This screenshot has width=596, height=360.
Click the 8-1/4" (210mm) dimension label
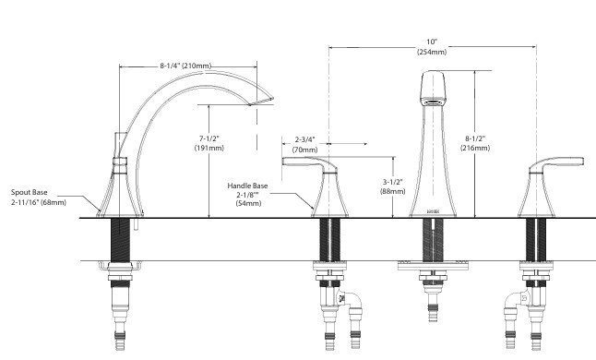tap(185, 66)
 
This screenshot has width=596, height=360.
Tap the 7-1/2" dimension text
tap(209, 138)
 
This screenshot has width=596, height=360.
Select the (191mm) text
tap(209, 148)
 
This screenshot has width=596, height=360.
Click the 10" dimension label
tap(432, 42)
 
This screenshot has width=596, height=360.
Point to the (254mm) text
tap(432, 52)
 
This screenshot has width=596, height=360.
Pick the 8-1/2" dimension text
tap(475, 138)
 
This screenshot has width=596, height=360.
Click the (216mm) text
tap(475, 148)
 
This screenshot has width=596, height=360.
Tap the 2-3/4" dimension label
tap(304, 139)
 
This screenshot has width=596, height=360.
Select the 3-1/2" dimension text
tap(393, 182)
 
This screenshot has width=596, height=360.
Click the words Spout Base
tap(30, 192)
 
